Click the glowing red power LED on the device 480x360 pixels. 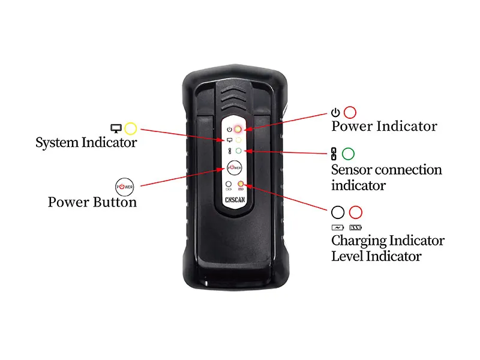(238, 129)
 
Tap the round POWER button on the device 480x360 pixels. (234, 167)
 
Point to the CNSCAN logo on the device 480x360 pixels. (235, 200)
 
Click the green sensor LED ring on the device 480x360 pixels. (238, 151)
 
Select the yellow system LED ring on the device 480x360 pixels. (238, 140)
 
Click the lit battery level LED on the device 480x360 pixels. (241, 184)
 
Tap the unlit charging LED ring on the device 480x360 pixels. (229, 184)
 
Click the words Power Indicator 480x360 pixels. (384, 126)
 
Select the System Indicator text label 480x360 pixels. (86, 143)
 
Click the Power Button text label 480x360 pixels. (92, 202)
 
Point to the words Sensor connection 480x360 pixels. (386, 170)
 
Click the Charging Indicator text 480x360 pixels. (388, 241)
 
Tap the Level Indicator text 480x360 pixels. (377, 256)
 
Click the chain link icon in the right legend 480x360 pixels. (334, 154)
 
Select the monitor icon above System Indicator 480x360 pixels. (116, 128)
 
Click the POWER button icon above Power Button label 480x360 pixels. (125, 187)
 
